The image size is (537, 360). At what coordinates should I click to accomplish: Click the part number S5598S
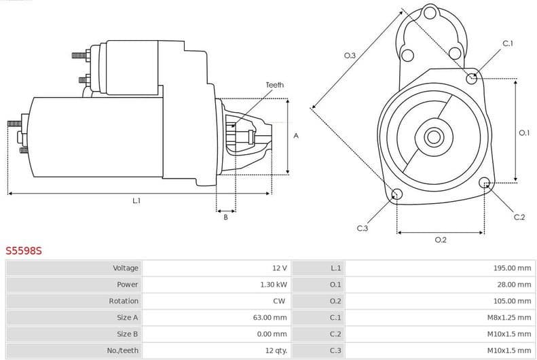[x=24, y=251]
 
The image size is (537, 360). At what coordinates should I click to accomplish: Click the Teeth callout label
[x=274, y=85]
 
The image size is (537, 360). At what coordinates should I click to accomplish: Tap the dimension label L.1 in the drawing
[x=136, y=200]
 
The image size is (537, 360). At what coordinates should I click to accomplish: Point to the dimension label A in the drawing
[x=296, y=136]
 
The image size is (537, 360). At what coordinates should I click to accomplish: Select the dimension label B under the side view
[x=225, y=217]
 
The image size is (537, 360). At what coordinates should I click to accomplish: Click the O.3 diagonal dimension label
[x=350, y=55]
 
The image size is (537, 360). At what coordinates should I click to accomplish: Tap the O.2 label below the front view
[x=440, y=240]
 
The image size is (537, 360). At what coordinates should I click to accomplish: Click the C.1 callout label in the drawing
[x=507, y=43]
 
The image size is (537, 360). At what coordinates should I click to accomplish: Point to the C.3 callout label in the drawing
[x=362, y=228]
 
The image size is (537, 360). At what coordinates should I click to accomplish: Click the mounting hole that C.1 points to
[x=472, y=78]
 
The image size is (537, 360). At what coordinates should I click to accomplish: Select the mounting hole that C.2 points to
[x=485, y=183]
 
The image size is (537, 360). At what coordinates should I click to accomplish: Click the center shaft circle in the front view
[x=433, y=137]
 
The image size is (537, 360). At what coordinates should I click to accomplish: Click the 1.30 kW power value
[x=274, y=285]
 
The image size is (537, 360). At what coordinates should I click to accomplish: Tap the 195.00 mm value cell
[x=512, y=268]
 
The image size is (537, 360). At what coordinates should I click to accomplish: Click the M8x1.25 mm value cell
[x=509, y=317]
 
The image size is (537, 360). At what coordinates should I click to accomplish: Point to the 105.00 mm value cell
[x=512, y=301]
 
